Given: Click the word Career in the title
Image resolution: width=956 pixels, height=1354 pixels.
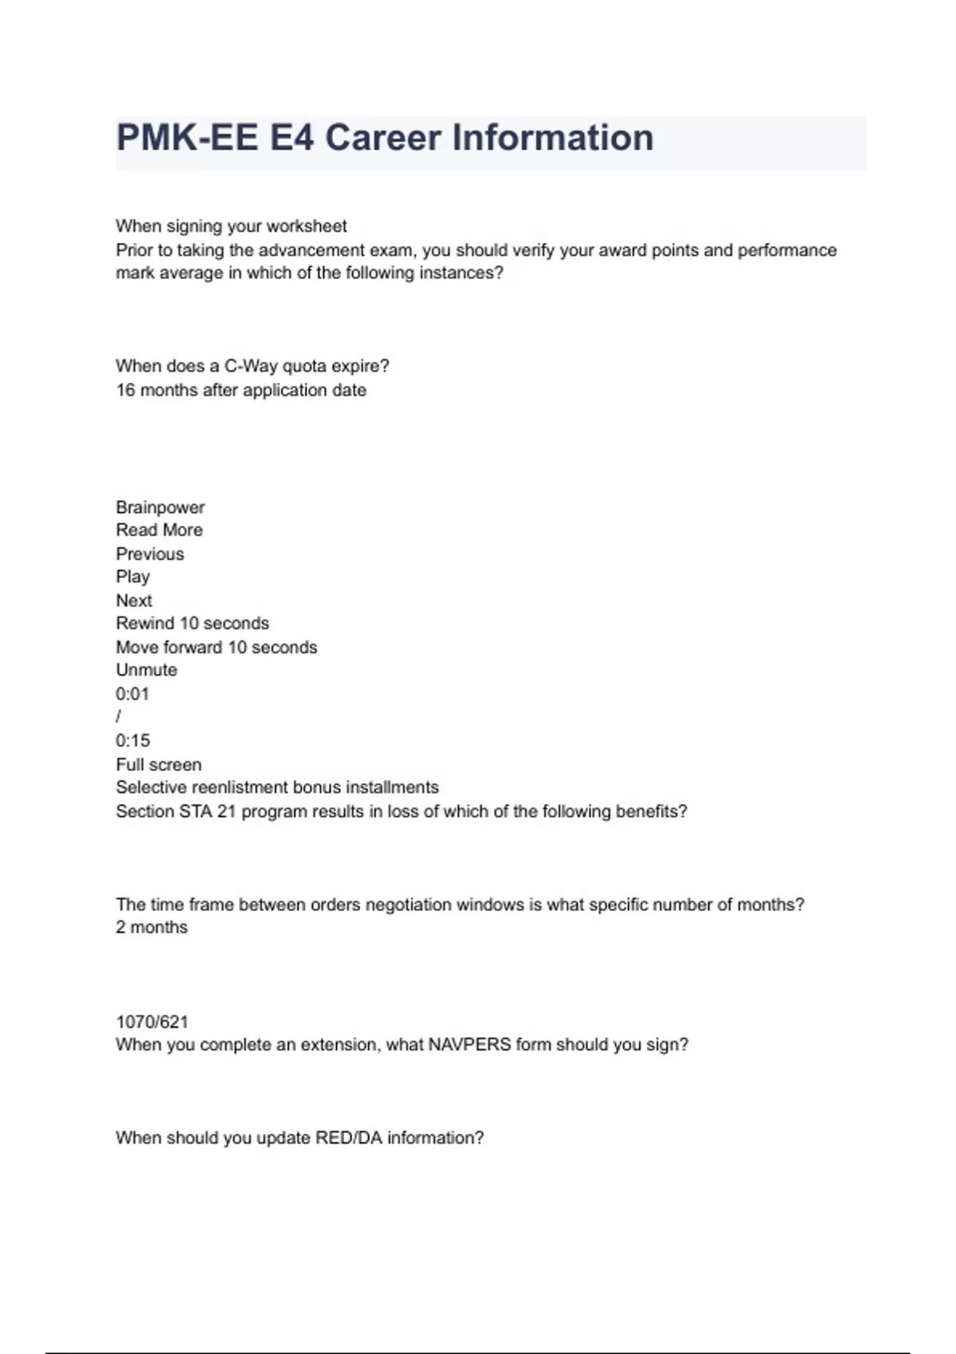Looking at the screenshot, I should pos(382,138).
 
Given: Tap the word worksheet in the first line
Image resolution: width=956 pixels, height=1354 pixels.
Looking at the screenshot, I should pos(307,226).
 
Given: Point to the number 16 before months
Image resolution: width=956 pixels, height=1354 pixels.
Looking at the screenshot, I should pos(125,390).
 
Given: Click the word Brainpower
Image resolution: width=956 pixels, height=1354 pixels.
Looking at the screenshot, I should pos(160,507).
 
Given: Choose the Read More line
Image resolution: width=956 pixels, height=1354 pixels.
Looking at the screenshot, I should pos(159,530).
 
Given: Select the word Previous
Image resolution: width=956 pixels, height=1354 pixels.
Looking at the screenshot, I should pos(150,554).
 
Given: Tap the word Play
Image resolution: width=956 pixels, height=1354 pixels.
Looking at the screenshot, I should pos(132,577).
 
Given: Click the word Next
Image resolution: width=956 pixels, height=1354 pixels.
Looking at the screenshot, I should pos(134,601).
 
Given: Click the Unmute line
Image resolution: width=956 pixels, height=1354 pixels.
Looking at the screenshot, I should pos(147,670).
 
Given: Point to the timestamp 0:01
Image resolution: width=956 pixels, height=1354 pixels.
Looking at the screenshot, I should pos(132,694).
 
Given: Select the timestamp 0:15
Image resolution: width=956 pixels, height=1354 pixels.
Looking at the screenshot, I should pos(132,741).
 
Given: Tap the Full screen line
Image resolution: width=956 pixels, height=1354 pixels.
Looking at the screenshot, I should pos(159,765).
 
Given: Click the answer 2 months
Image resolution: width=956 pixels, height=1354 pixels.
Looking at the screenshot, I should pos(151,928).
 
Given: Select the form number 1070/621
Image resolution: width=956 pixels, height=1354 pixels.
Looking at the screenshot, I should pos(152,1022).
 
